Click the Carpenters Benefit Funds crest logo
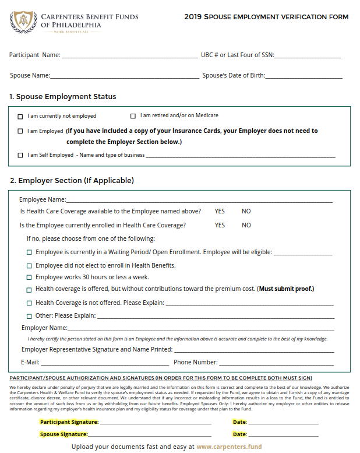pyautogui.click(x=23, y=23)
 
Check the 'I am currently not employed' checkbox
pyautogui.click(x=21, y=116)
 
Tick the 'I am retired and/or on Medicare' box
pyautogui.click(x=133, y=116)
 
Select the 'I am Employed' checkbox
pyautogui.click(x=21, y=131)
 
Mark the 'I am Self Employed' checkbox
pyautogui.click(x=21, y=155)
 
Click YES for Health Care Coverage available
pyautogui.click(x=220, y=211)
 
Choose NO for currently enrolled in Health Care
pyautogui.click(x=246, y=225)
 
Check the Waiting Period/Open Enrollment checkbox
pyautogui.click(x=29, y=252)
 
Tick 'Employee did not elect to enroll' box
pyautogui.click(x=29, y=265)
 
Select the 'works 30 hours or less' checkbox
pyautogui.click(x=29, y=278)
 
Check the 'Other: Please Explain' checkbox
pyautogui.click(x=29, y=316)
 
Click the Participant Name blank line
pyautogui.click(x=129, y=55)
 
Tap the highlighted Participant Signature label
pyautogui.click(x=69, y=422)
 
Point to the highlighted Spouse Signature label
pyautogui.click(x=63, y=434)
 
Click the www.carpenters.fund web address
pyautogui.click(x=229, y=447)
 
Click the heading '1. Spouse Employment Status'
pyautogui.click(x=63, y=97)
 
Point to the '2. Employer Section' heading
pyautogui.click(x=72, y=181)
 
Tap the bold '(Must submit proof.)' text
pyautogui.click(x=286, y=289)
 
